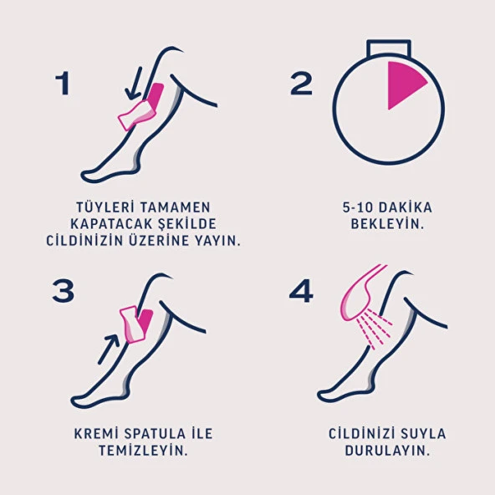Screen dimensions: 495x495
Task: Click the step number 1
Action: pos(62,83)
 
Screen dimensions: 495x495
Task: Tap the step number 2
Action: pos(302,83)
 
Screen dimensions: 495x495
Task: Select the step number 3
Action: pos(64,290)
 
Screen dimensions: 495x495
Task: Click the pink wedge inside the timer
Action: pos(404,84)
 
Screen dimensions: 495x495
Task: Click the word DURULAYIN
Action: pos(386,451)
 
